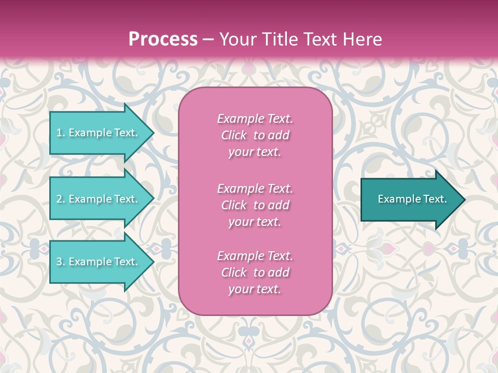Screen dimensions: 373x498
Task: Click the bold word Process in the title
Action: tap(163, 39)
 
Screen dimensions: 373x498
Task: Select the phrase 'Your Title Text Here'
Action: tap(301, 39)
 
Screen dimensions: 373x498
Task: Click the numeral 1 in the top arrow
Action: tap(59, 133)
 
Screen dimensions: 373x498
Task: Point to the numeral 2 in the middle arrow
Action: tap(59, 199)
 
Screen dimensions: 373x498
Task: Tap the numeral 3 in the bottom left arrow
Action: tap(59, 262)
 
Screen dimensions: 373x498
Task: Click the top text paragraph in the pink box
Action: tap(255, 135)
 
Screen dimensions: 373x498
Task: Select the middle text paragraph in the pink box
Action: tap(255, 205)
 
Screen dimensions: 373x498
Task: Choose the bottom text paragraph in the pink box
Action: tap(255, 272)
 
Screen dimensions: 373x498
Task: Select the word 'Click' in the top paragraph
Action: tap(234, 135)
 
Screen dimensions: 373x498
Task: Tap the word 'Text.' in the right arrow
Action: tap(434, 199)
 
